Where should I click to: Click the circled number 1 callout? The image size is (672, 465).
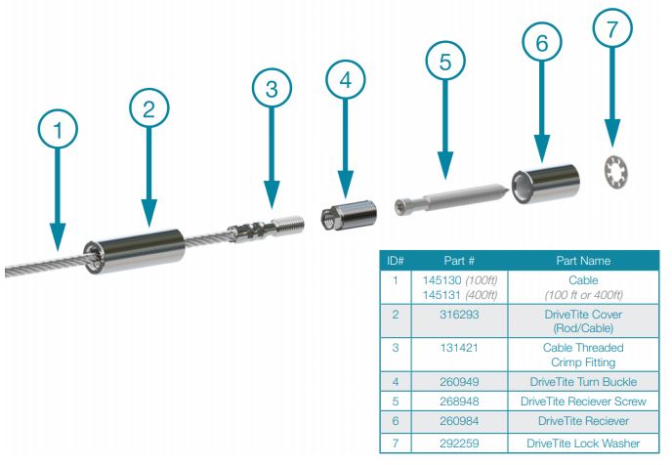tap(58, 129)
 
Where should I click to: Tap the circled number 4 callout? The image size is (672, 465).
tap(346, 80)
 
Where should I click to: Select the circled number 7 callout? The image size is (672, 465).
tap(612, 28)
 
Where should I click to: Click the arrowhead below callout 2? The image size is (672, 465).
tap(148, 213)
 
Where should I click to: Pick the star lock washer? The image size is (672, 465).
tap(616, 171)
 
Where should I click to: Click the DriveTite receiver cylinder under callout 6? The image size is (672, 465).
tap(546, 184)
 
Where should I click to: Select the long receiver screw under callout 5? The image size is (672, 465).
tap(452, 197)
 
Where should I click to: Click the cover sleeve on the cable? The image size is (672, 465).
tap(134, 252)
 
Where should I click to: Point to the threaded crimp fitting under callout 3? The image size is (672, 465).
tap(266, 229)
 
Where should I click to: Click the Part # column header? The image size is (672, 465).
tap(459, 261)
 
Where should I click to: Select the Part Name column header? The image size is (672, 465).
tap(583, 261)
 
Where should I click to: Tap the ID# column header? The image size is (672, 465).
tap(396, 261)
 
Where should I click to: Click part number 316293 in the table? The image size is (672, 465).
tap(459, 315)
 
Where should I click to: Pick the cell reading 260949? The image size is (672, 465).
tap(459, 381)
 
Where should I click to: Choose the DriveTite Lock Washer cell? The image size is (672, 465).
tap(583, 444)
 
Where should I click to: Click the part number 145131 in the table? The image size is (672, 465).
tap(441, 295)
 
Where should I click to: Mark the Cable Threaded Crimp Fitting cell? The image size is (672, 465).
tap(583, 355)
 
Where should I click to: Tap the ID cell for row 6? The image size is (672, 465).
tap(396, 421)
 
